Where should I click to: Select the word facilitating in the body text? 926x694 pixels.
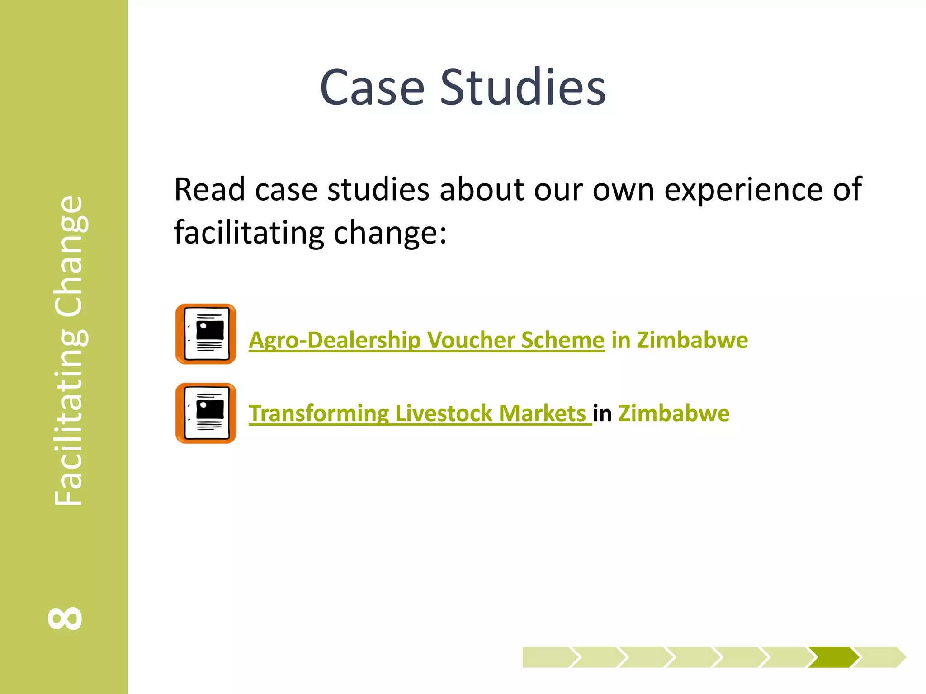click(x=249, y=233)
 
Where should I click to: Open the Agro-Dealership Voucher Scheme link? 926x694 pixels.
click(x=426, y=340)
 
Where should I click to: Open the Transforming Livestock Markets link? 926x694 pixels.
click(x=420, y=413)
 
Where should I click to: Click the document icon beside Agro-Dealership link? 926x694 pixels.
click(x=206, y=334)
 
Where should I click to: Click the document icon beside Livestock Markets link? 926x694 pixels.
click(x=206, y=413)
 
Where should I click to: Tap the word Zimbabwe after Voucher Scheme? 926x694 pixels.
click(x=692, y=340)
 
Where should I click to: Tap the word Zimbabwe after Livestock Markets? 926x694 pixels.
click(x=674, y=413)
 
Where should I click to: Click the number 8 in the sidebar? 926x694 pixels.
click(x=65, y=618)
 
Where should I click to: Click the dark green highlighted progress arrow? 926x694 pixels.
click(x=833, y=657)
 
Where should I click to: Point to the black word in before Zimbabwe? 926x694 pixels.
click(x=602, y=413)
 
